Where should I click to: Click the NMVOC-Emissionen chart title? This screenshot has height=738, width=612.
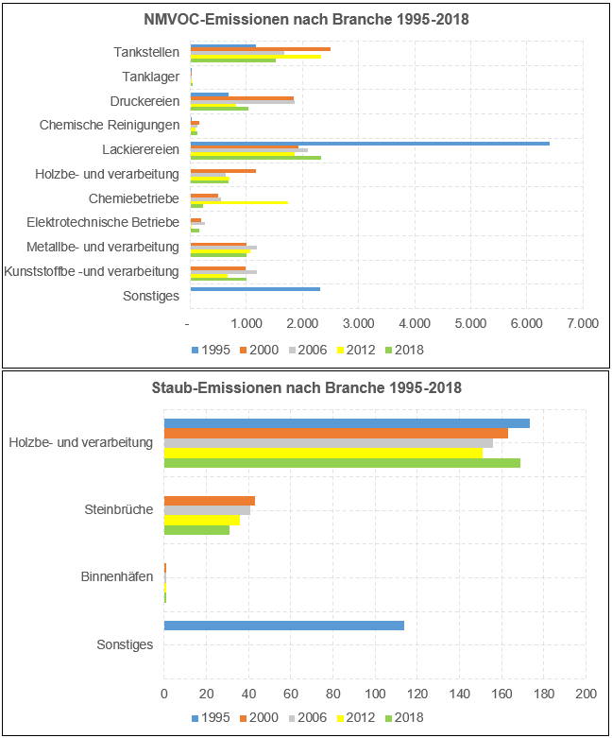[x=306, y=20]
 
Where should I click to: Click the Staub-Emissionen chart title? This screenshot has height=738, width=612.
[x=306, y=387]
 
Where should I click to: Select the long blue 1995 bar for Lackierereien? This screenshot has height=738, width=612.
[x=369, y=143]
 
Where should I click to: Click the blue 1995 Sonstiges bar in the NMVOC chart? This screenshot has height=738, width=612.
[x=255, y=289]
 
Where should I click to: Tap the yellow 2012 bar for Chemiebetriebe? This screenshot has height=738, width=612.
[x=239, y=202]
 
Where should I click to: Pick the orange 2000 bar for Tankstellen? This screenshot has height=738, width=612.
[x=260, y=49]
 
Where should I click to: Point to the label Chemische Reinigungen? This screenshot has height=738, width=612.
[x=110, y=125]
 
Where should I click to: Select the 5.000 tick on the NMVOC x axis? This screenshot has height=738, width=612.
[x=470, y=323]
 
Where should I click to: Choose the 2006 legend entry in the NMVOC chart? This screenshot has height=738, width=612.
[x=308, y=350]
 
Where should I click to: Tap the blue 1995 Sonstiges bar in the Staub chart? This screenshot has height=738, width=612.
[x=283, y=626]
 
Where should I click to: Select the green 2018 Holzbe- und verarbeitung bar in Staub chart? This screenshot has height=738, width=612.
[x=342, y=463]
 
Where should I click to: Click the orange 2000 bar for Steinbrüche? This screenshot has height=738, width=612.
[x=209, y=501]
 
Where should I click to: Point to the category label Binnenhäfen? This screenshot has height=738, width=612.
[x=117, y=576]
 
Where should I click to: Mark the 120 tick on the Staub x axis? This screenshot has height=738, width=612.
[x=417, y=694]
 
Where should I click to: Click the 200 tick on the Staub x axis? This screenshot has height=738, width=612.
[x=586, y=694]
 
